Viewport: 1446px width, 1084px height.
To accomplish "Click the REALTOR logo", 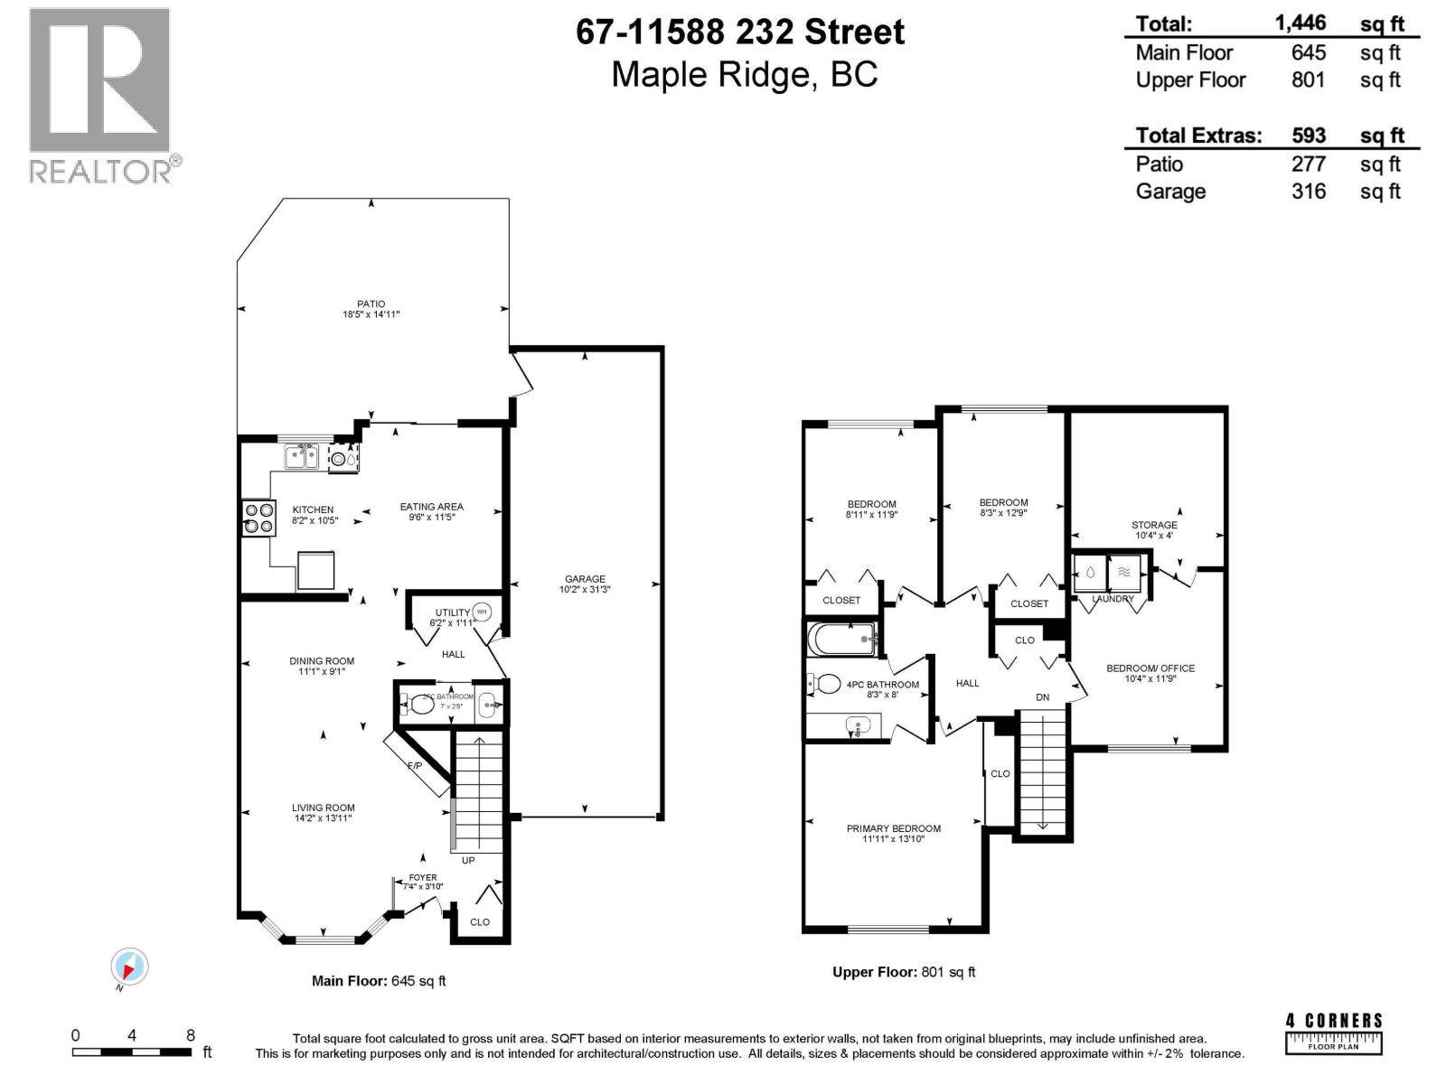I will coord(99,95).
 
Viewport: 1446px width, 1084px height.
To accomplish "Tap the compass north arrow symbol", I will coord(129,967).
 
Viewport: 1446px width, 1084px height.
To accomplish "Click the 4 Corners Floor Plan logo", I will coord(1334,1033).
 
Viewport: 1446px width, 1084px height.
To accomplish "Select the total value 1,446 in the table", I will coord(1300,23).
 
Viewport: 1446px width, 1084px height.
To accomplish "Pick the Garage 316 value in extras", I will coord(1308,192).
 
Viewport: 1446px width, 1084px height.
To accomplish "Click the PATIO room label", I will coord(371,304).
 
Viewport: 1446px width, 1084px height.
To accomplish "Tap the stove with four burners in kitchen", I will coord(258,519).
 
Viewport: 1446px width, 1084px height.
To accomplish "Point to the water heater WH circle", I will coord(482,612).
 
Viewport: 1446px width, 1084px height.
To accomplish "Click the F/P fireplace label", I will coord(415,766).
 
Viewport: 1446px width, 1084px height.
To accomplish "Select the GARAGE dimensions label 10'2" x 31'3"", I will coord(585,590).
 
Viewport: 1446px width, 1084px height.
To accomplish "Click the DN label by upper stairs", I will coord(1043,697).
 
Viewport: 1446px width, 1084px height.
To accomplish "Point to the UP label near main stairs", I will coord(468,860).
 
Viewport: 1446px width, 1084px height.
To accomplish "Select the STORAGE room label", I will coord(1154,525).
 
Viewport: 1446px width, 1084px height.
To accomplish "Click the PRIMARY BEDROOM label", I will coord(893,828).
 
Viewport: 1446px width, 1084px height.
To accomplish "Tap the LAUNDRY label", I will coord(1113,599).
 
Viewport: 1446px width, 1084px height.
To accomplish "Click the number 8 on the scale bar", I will coord(191,1035).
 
